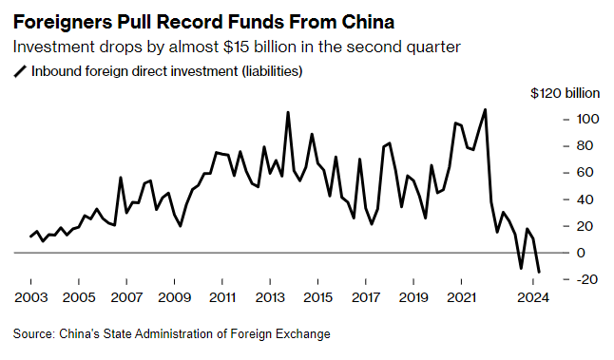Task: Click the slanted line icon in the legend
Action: point(20,71)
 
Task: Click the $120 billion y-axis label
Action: point(566,93)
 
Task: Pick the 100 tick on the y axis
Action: point(586,120)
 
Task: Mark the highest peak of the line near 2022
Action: point(486,109)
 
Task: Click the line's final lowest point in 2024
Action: point(539,273)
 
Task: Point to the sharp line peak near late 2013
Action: point(288,112)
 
